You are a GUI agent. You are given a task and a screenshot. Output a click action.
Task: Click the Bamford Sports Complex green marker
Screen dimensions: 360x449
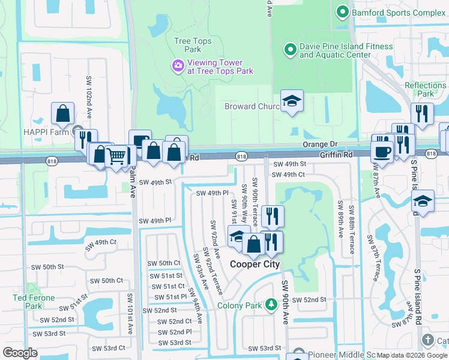pyautogui.click(x=343, y=11)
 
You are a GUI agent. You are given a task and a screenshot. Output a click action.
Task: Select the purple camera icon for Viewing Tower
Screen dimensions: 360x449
pyautogui.click(x=178, y=66)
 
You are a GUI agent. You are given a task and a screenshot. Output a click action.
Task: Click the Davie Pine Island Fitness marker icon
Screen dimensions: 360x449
pyautogui.click(x=290, y=49)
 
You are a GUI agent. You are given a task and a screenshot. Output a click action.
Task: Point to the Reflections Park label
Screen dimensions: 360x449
pyautogui.click(x=425, y=89)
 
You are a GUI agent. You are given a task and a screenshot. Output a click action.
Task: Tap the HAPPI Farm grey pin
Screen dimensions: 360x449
pyautogui.click(x=77, y=130)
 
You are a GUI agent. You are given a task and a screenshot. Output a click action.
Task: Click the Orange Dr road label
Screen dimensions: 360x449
pyautogui.click(x=320, y=145)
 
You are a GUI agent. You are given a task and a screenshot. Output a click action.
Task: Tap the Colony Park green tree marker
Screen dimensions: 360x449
pyautogui.click(x=271, y=305)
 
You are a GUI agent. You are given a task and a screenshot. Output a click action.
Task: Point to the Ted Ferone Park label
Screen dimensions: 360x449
pyautogui.click(x=34, y=302)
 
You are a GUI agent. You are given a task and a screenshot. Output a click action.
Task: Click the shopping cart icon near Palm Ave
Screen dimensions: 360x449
pyautogui.click(x=117, y=157)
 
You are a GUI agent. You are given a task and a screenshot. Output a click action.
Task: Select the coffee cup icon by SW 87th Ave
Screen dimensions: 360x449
pyautogui.click(x=382, y=151)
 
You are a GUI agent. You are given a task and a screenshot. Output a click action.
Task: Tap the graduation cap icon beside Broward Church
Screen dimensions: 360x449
pyautogui.click(x=292, y=101)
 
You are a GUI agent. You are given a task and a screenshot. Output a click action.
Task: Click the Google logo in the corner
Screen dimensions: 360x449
pyautogui.click(x=20, y=353)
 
